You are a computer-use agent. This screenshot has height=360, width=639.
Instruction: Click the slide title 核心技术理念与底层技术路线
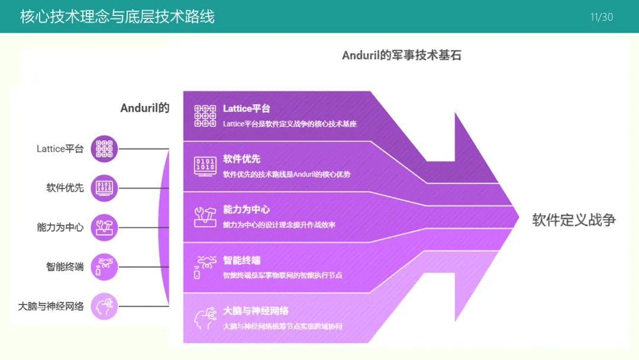[117, 17]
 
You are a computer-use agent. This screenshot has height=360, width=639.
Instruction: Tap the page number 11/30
[602, 17]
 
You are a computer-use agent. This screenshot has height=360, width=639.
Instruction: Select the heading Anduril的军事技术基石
[402, 56]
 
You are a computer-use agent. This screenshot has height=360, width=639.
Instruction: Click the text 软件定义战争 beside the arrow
[574, 220]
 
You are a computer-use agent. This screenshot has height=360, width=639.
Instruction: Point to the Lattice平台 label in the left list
[60, 149]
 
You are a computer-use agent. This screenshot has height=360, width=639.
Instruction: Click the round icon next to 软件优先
[104, 188]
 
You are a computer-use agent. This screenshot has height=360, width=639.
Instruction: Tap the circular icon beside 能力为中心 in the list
[104, 227]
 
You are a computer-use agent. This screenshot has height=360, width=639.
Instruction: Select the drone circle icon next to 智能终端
[104, 267]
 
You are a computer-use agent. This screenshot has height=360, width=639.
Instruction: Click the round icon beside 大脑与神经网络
[104, 306]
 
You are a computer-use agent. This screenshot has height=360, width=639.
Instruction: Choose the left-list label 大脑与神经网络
[51, 307]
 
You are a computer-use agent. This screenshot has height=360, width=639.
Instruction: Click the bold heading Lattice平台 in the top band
[247, 109]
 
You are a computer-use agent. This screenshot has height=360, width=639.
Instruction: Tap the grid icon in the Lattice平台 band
[205, 116]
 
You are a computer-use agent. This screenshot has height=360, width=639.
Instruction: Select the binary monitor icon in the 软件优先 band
[205, 166]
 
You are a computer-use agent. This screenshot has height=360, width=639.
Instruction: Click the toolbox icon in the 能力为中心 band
[205, 217]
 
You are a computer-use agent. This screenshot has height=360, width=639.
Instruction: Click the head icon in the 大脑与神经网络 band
[205, 319]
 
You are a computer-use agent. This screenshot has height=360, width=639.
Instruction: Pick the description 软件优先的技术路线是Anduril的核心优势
[286, 175]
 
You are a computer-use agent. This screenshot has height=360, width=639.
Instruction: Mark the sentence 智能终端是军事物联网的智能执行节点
[282, 275]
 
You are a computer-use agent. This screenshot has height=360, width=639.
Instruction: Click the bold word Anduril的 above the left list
[145, 108]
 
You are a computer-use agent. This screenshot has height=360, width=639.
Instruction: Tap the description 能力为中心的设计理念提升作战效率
[279, 225]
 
